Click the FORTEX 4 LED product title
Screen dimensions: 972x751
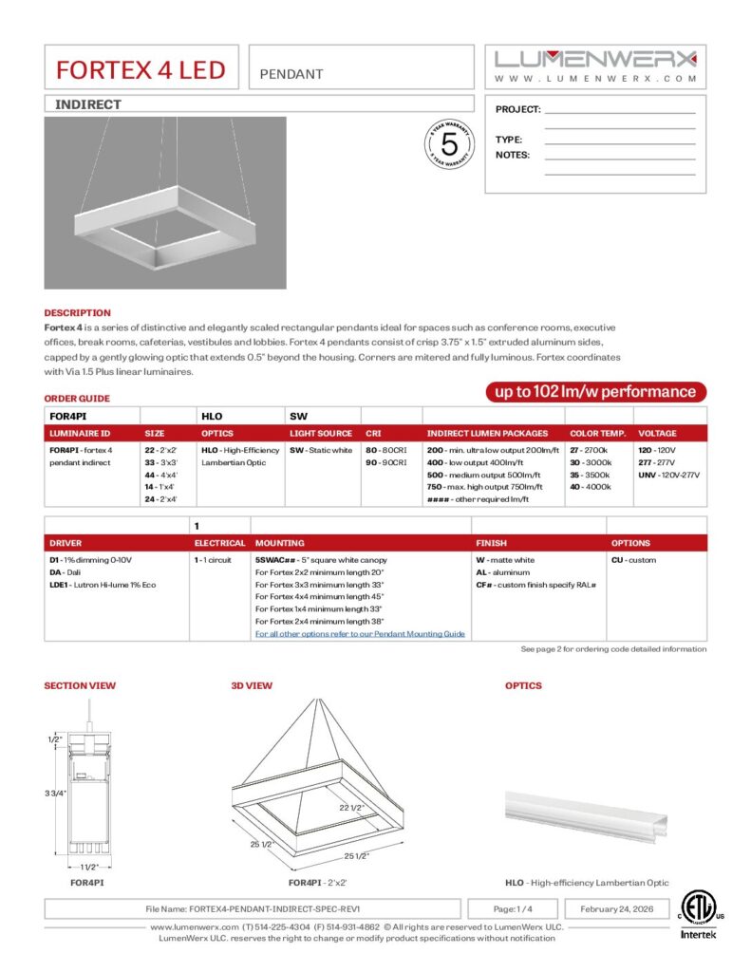point(141,70)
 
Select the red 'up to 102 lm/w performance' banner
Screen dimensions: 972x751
point(595,391)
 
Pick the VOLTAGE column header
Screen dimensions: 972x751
point(657,433)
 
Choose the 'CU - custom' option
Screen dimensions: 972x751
point(633,560)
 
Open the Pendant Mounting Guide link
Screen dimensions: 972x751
point(360,633)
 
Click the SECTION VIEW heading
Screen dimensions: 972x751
point(80,685)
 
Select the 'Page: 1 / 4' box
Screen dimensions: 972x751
point(513,908)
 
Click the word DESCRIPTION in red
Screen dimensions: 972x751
point(77,312)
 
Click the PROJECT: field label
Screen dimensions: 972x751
point(517,110)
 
